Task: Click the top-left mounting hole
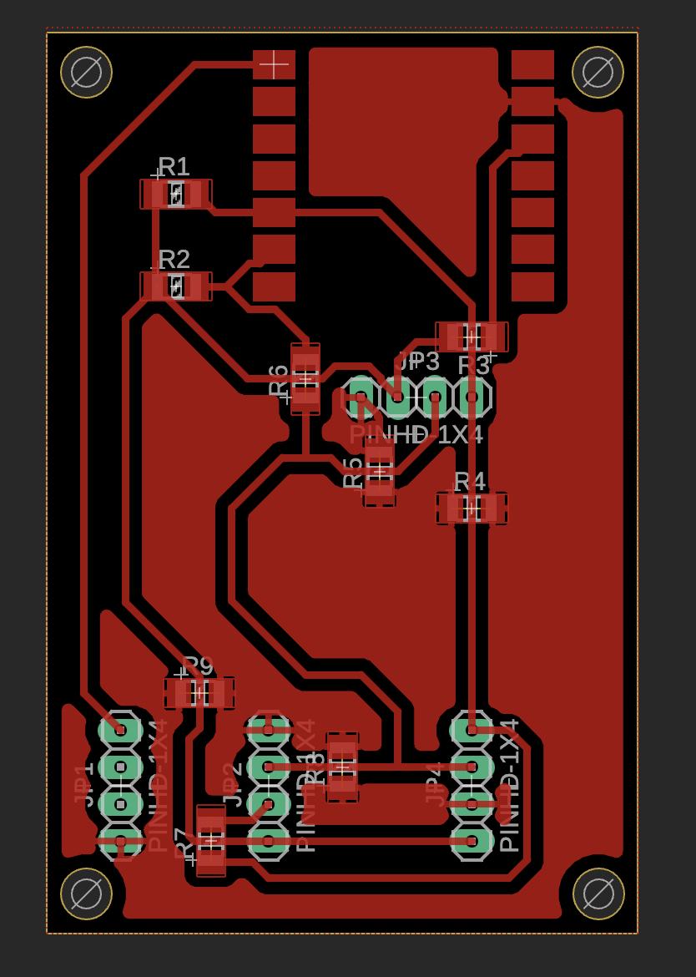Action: [x=86, y=72]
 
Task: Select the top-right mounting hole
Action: [x=598, y=72]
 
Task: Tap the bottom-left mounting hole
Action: [x=86, y=893]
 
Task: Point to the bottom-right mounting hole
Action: [x=598, y=893]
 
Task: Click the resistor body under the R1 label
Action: [x=176, y=194]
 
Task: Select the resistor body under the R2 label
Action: [x=176, y=286]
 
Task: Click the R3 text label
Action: [x=473, y=366]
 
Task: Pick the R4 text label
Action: [x=469, y=482]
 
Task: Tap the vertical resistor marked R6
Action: [x=305, y=378]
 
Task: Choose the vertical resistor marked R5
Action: [x=379, y=473]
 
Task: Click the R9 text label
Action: [x=198, y=666]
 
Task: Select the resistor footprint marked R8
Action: [x=342, y=767]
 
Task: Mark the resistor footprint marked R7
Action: [x=211, y=839]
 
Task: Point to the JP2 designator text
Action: [x=232, y=784]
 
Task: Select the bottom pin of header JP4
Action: [x=472, y=841]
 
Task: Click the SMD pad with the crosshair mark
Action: [x=274, y=64]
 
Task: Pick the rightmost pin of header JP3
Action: [x=472, y=397]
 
